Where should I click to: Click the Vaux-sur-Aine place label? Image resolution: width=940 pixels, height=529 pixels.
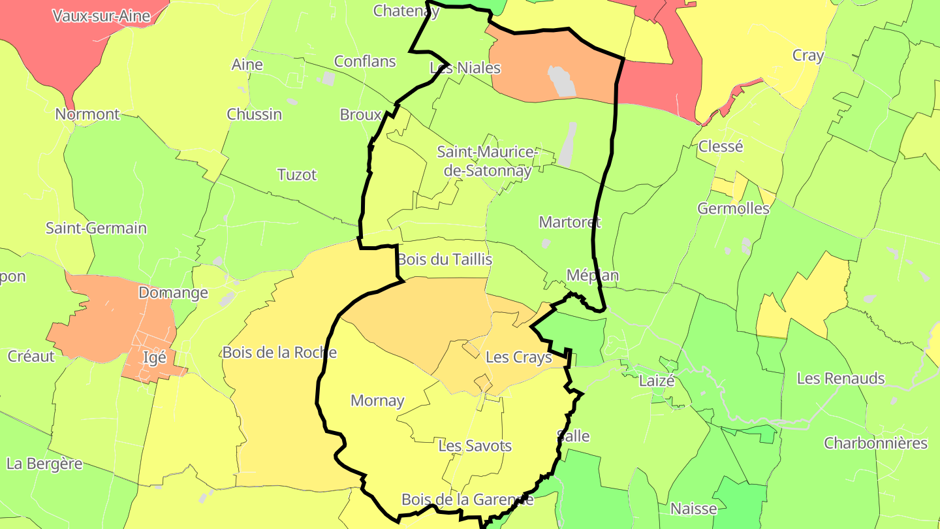[101, 16]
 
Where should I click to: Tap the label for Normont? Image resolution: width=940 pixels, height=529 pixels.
[87, 114]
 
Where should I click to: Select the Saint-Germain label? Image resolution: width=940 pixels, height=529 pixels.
[96, 229]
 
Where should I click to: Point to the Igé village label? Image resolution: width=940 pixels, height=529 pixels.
[154, 358]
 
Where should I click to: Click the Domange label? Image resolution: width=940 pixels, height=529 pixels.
[173, 293]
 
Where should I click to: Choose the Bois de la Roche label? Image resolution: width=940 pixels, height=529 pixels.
[279, 353]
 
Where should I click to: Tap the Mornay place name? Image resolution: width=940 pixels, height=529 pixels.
[377, 401]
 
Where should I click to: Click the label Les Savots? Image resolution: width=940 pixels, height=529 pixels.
[475, 447]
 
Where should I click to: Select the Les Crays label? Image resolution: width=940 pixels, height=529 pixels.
[518, 358]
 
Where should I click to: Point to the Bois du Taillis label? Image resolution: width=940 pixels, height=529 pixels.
[445, 260]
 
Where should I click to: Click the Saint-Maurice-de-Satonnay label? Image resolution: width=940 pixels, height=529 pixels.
[486, 161]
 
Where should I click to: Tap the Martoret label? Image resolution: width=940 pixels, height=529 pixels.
[569, 222]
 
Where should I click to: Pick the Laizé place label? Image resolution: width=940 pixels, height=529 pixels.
[657, 381]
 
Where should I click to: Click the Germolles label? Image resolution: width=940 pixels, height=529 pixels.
[733, 209]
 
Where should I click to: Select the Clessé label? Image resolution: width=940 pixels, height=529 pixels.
[721, 146]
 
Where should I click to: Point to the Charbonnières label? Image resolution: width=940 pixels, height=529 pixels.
[875, 443]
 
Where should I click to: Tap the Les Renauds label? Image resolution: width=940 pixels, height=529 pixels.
[841, 379]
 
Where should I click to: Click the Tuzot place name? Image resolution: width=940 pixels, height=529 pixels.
[297, 175]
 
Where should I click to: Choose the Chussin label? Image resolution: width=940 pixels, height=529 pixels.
[255, 114]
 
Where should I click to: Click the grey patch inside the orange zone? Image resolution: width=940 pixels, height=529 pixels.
[561, 80]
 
